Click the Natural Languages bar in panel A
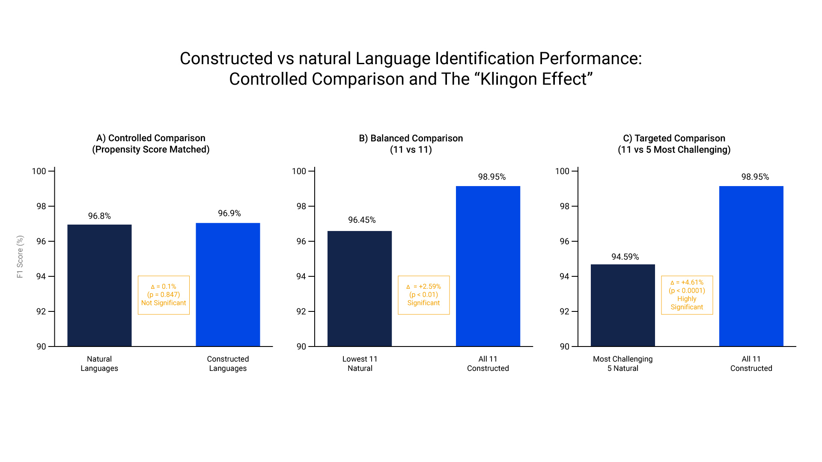99,285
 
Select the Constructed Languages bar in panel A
228,284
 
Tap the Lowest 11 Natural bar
360,289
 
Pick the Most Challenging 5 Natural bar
623,305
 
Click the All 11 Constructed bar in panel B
488,266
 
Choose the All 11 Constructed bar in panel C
751,266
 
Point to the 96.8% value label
99,216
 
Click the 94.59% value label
625,257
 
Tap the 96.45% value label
362,220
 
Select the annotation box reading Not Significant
164,295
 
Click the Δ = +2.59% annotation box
424,295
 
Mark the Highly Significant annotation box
687,295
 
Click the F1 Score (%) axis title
20,257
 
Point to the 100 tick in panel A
39,171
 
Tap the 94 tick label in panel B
301,276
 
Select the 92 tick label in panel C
565,311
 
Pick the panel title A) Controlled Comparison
151,138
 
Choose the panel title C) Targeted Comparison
674,138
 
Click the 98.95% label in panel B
492,177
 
